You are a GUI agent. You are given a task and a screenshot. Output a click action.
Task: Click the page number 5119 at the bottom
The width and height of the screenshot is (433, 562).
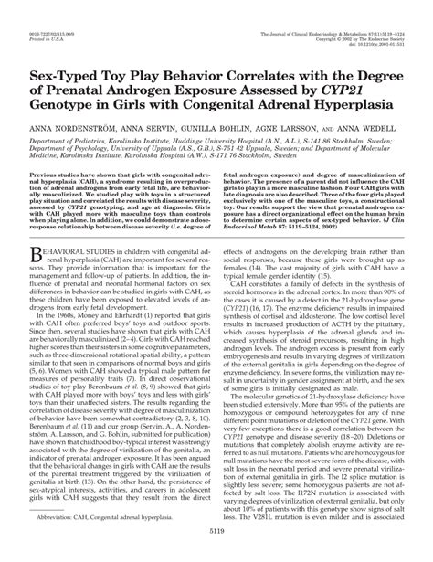point(216,552)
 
